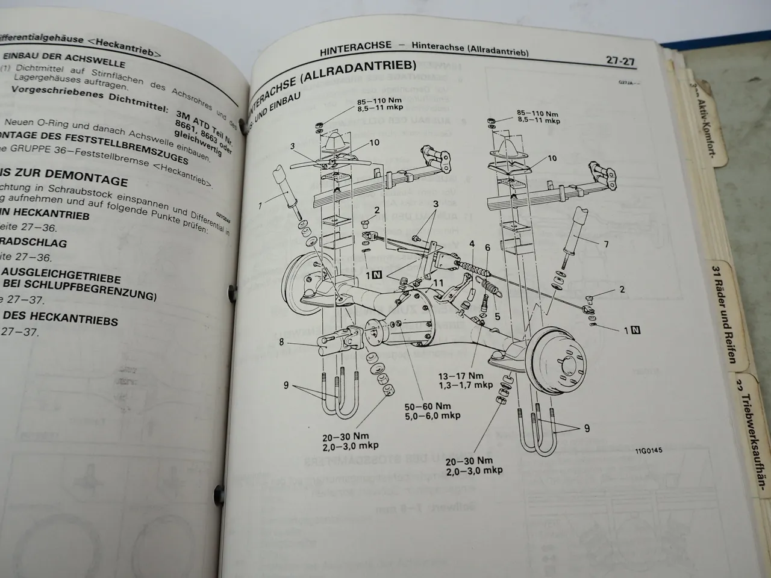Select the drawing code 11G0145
click(648, 450)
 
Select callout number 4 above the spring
click(472, 244)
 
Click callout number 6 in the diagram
click(487, 248)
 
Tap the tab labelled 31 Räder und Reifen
click(725, 313)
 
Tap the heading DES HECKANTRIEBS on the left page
click(60, 317)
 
